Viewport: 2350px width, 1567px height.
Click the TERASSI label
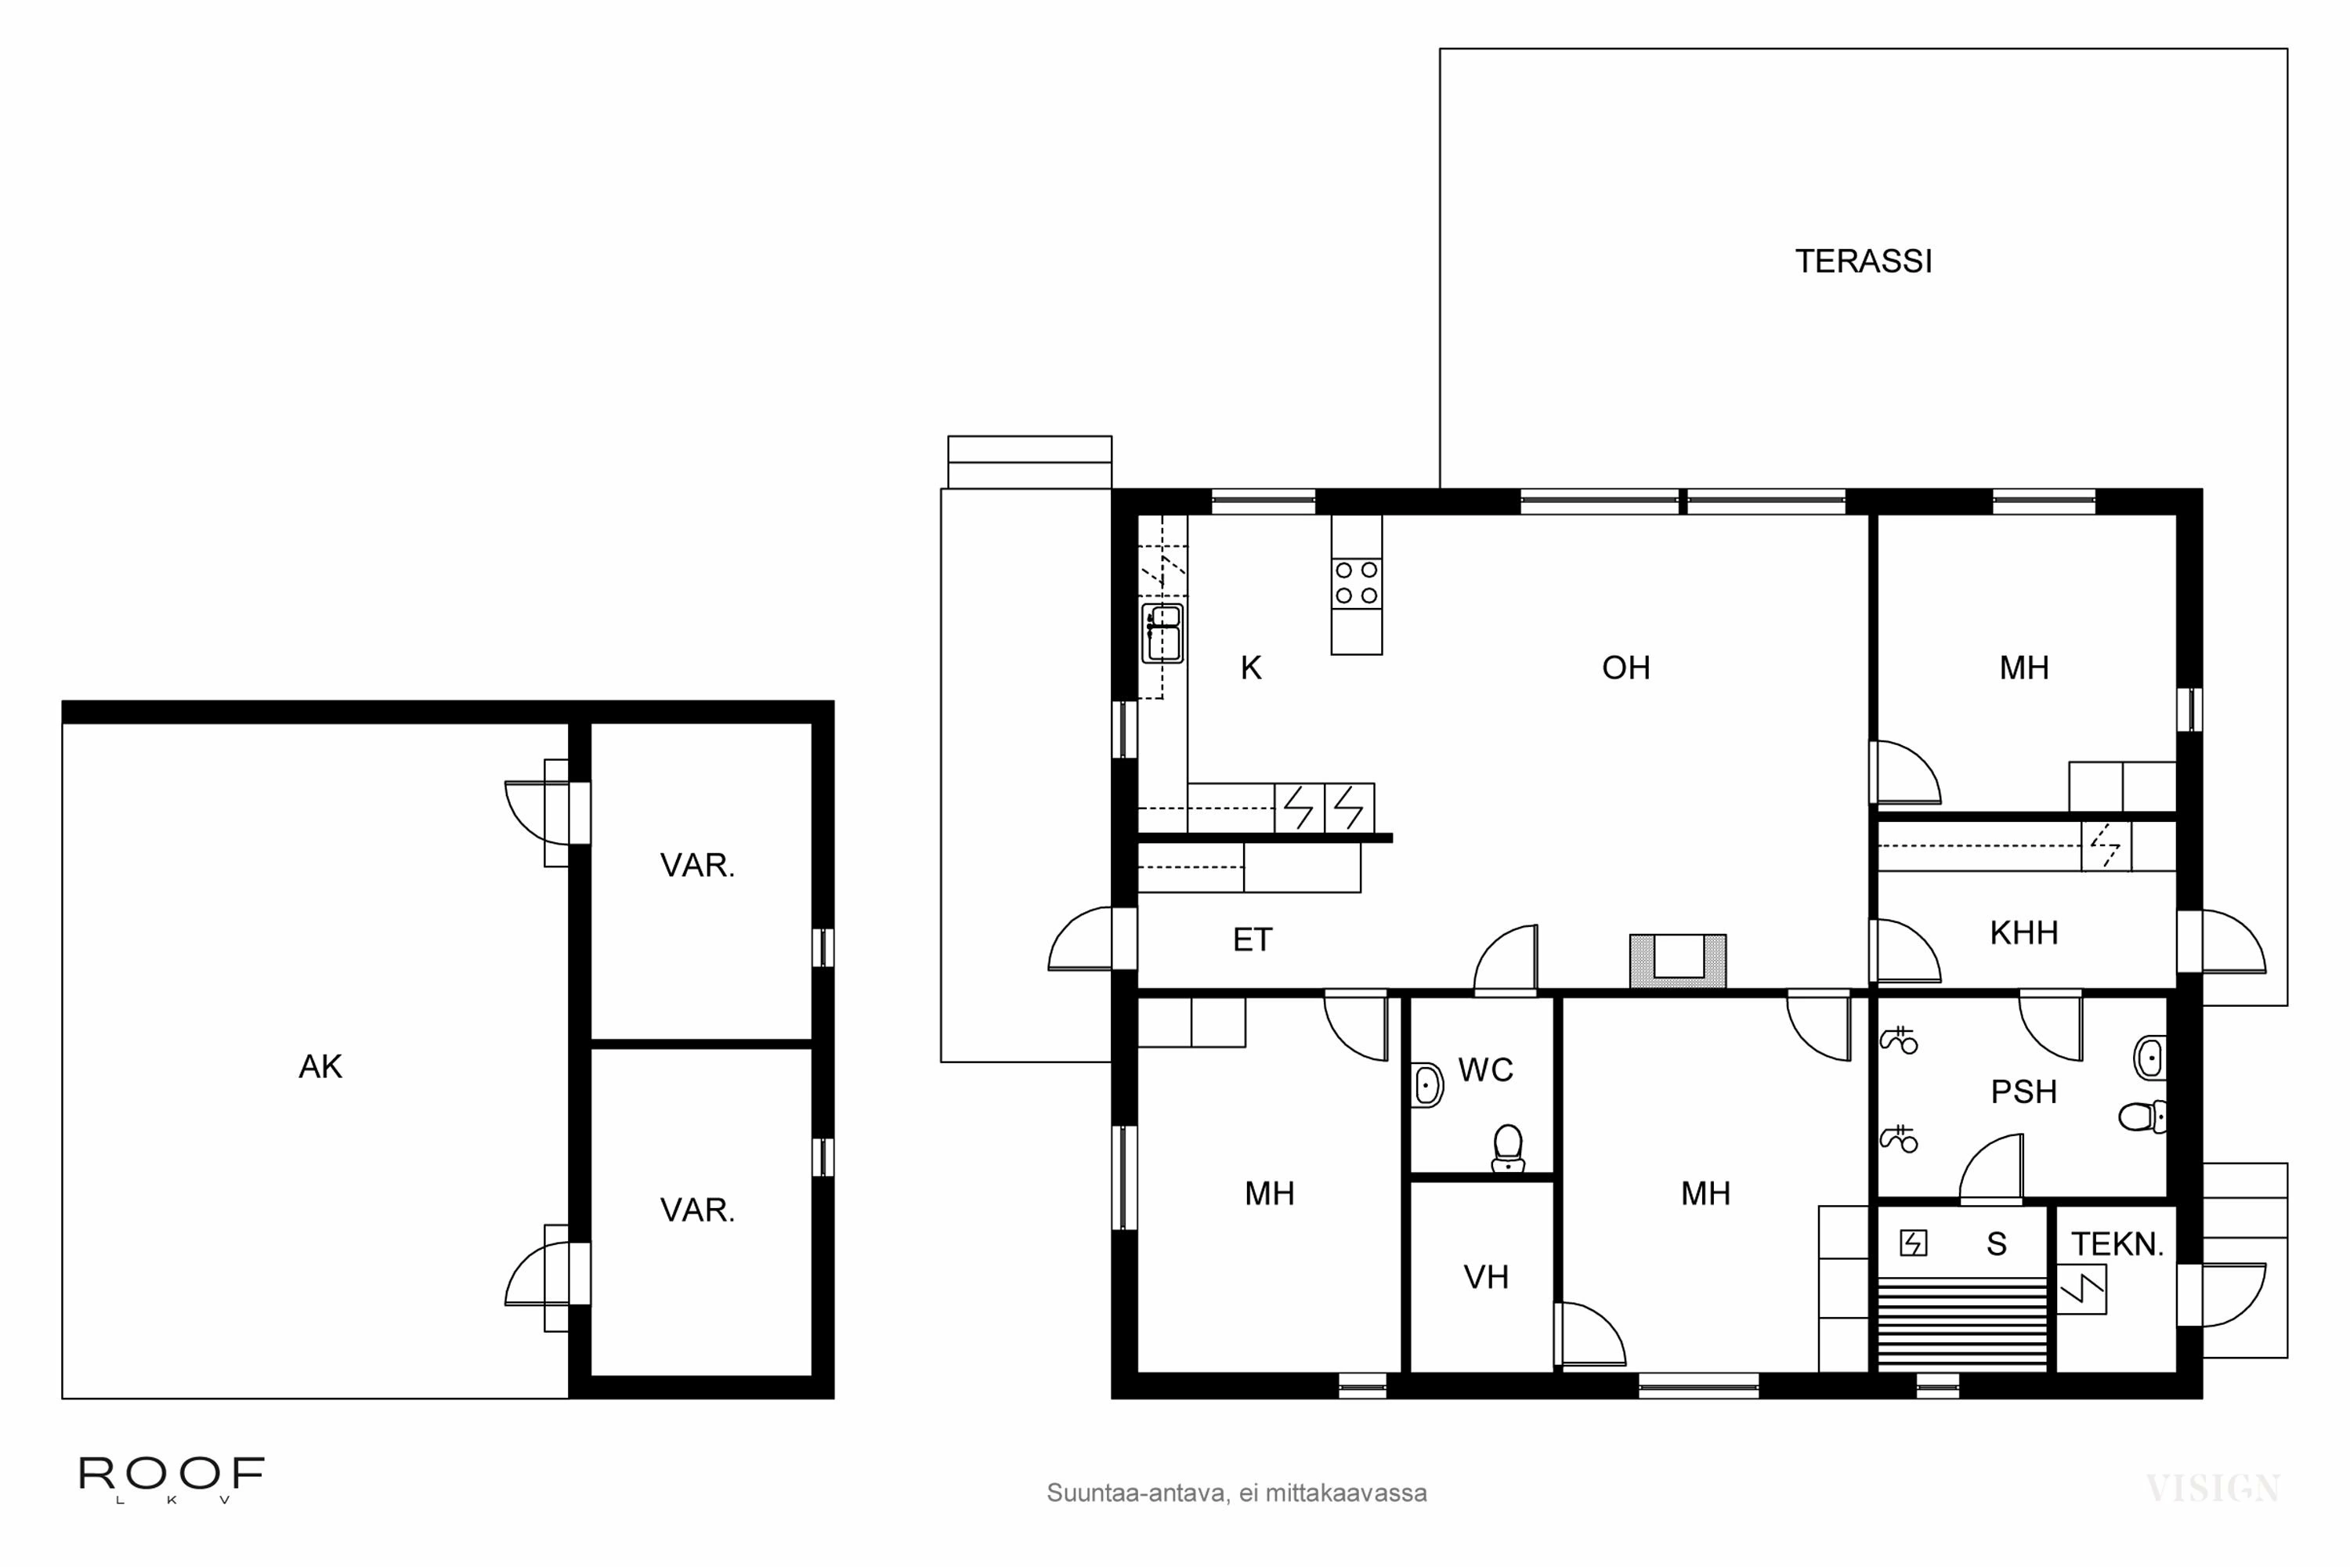click(1864, 262)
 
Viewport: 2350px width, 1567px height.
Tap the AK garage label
click(320, 1067)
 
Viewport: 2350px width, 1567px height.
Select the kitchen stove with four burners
click(1356, 583)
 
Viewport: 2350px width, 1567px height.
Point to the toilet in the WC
click(1508, 1149)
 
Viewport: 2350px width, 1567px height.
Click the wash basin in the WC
click(1428, 1085)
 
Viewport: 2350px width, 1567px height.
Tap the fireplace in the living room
click(1678, 961)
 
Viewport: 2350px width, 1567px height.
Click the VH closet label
click(1486, 1277)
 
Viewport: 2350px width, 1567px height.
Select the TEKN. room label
click(2117, 1244)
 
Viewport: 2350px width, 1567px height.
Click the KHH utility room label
click(2024, 933)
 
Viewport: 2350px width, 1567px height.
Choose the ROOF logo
click(172, 1477)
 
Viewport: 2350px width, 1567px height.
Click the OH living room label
click(1625, 668)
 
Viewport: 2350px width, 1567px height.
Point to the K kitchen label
click(1251, 668)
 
